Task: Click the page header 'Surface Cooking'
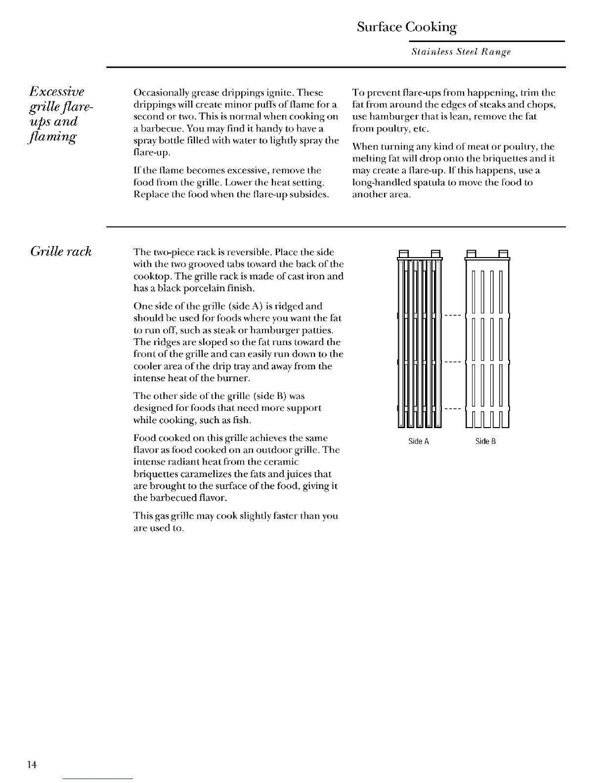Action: [406, 27]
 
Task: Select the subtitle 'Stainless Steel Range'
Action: [461, 52]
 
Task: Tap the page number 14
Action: [32, 765]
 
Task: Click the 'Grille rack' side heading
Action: [61, 252]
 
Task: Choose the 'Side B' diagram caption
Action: [485, 441]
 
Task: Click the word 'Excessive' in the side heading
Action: [57, 91]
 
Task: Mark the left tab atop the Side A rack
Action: [403, 254]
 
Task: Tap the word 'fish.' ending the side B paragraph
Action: [240, 420]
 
